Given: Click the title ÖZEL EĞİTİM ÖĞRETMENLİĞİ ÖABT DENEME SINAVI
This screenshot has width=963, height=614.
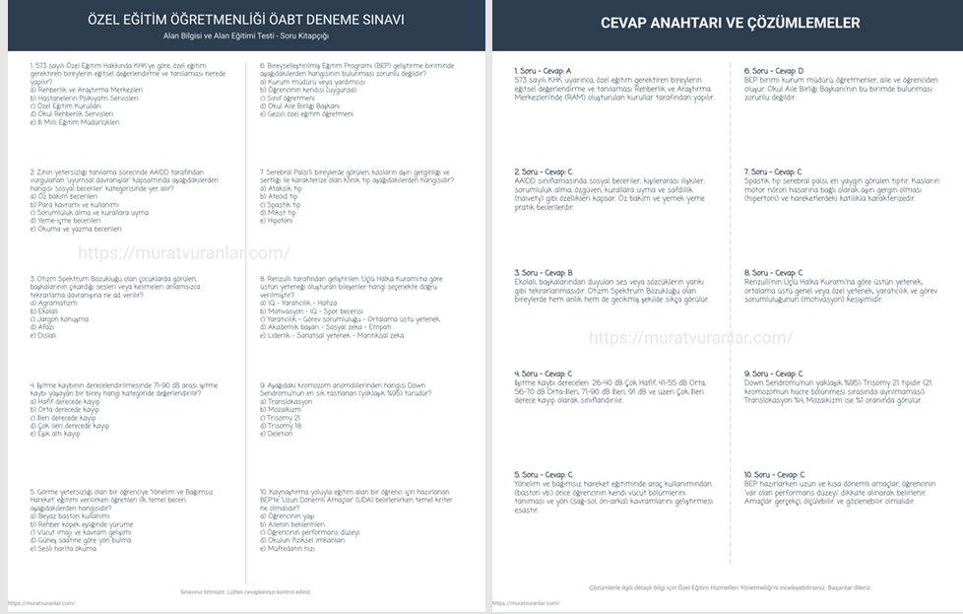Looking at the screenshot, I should click(245, 20).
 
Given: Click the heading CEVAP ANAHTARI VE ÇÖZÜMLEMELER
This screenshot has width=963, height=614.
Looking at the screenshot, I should click(730, 23).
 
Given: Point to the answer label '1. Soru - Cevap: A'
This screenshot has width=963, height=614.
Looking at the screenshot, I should click(544, 71).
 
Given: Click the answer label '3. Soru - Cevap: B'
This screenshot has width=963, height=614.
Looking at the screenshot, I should click(544, 273).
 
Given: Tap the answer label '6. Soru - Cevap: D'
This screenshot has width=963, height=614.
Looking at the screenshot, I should click(774, 71).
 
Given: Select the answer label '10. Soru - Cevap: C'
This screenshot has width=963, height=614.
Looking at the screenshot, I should click(775, 475).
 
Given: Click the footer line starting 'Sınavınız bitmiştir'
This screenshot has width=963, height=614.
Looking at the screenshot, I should click(245, 591).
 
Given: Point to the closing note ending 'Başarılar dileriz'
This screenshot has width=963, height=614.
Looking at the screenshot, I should click(730, 587).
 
